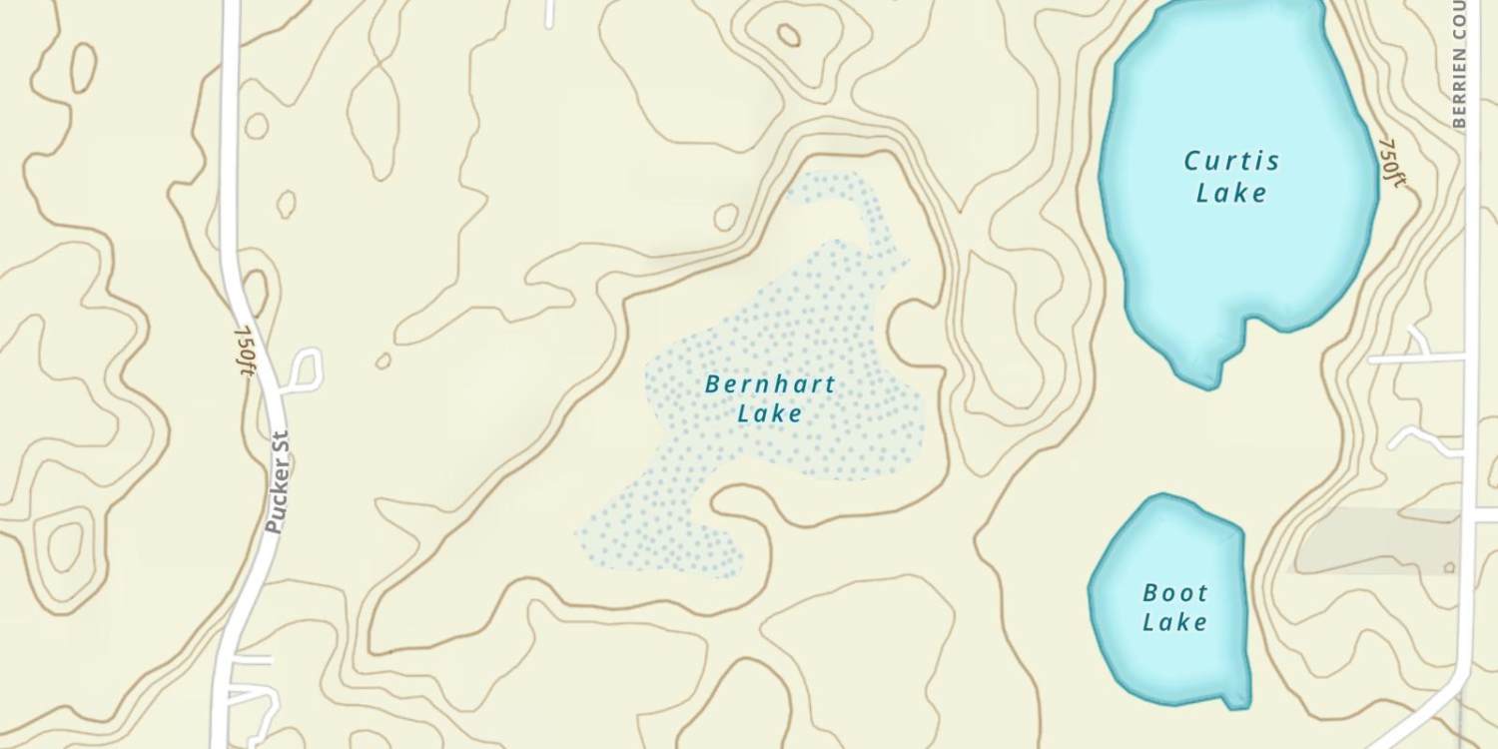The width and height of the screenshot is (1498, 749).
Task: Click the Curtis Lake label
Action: (1231, 177)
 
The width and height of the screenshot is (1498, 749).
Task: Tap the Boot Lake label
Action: (1175, 607)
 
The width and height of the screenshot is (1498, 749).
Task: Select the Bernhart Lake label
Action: (770, 397)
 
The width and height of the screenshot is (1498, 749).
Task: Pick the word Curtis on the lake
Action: (1231, 161)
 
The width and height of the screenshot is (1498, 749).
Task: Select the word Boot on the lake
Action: (1175, 593)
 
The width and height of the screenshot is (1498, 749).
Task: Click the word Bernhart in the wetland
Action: (770, 383)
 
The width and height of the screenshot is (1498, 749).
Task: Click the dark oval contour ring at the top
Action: (789, 36)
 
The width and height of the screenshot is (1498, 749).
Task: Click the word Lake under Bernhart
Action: (770, 412)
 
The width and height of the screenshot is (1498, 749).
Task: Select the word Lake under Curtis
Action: (1231, 193)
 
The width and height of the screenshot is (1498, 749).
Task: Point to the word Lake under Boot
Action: (1175, 622)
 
